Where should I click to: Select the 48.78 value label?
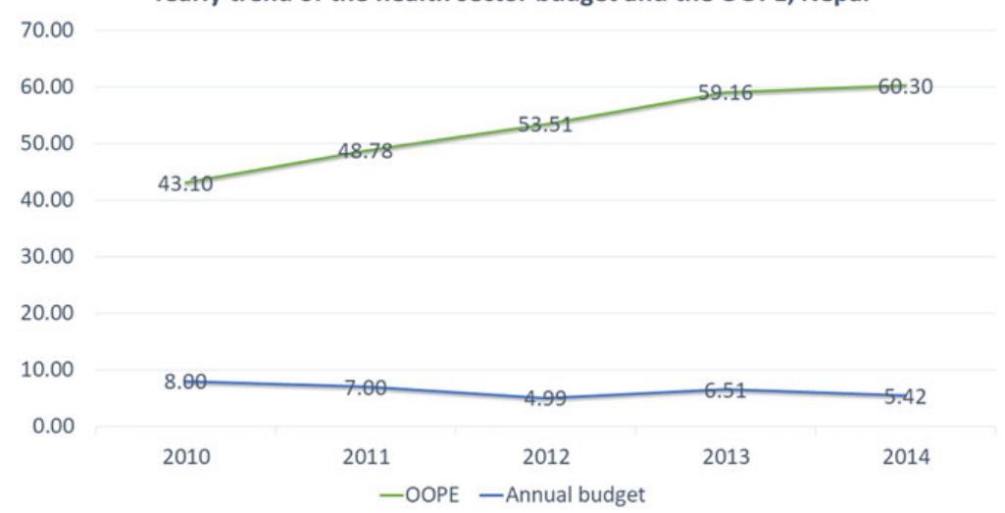tap(366, 151)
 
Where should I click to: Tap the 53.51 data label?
tap(545, 126)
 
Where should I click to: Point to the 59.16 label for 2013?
tap(725, 94)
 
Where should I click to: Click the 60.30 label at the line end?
tap(905, 87)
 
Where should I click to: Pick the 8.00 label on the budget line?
tap(185, 384)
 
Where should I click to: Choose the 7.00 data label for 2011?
tap(366, 388)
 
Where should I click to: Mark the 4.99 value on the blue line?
tap(545, 400)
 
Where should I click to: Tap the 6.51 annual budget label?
tap(725, 391)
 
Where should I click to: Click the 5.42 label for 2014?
tap(905, 397)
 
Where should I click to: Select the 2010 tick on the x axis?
tap(185, 458)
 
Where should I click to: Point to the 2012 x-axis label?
tap(545, 458)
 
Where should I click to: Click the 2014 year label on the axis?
tap(905, 458)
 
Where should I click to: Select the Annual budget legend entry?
tap(575, 495)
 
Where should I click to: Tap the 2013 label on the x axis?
tap(725, 458)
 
